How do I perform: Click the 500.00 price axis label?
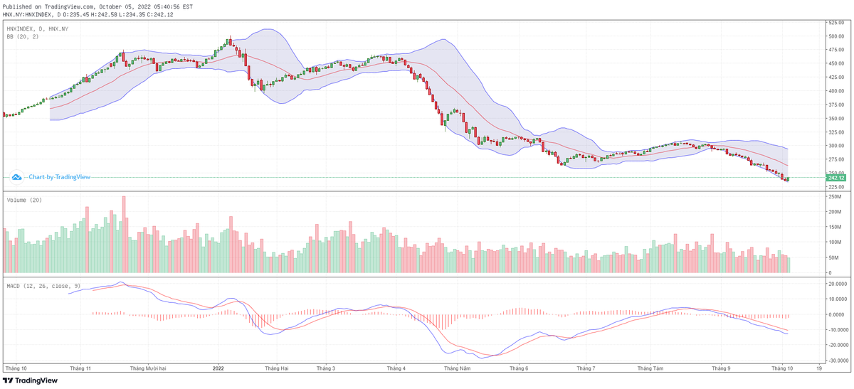[835, 36]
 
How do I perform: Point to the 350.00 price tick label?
[835, 119]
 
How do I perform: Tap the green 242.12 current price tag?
[835, 177]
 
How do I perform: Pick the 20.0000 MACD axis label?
[836, 283]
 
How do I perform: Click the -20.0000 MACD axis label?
[836, 346]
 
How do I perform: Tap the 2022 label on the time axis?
[218, 368]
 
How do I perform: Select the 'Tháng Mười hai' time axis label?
[148, 368]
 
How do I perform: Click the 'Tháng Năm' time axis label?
[457, 368]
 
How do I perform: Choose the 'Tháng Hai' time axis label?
[276, 368]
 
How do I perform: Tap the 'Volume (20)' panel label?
[25, 201]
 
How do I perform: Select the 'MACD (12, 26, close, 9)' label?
[43, 286]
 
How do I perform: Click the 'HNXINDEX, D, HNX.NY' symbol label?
[38, 28]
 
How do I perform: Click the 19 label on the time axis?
[820, 368]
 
